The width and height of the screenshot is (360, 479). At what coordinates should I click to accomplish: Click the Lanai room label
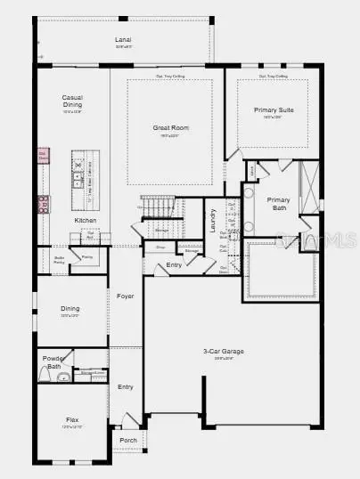pyautogui.click(x=123, y=40)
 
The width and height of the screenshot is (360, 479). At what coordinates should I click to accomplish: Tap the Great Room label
pyautogui.click(x=170, y=127)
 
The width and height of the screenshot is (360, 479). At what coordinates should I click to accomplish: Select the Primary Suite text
pyautogui.click(x=273, y=110)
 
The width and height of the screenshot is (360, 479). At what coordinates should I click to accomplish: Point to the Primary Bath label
pyautogui.click(x=278, y=203)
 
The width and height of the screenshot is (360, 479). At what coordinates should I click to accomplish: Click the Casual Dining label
pyautogui.click(x=73, y=101)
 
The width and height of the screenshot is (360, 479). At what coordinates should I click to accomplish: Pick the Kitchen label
pyautogui.click(x=86, y=220)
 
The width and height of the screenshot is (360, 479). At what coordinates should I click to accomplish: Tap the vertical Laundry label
pyautogui.click(x=213, y=221)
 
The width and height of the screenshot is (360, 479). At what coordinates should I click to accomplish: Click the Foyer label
pyautogui.click(x=126, y=296)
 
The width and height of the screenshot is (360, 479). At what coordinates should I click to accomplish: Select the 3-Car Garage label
pyautogui.click(x=224, y=351)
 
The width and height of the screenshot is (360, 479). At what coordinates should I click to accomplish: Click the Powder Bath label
pyautogui.click(x=53, y=361)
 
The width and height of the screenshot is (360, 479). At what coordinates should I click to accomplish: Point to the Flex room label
pyautogui.click(x=72, y=418)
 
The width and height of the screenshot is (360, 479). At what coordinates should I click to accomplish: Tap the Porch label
pyautogui.click(x=128, y=440)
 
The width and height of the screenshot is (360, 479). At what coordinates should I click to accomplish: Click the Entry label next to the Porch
pyautogui.click(x=126, y=386)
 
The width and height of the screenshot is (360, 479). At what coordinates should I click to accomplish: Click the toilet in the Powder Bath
pyautogui.click(x=62, y=378)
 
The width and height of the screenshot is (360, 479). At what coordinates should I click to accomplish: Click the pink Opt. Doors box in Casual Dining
pyautogui.click(x=42, y=157)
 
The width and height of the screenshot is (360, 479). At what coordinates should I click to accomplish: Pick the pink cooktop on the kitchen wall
pyautogui.click(x=42, y=204)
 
